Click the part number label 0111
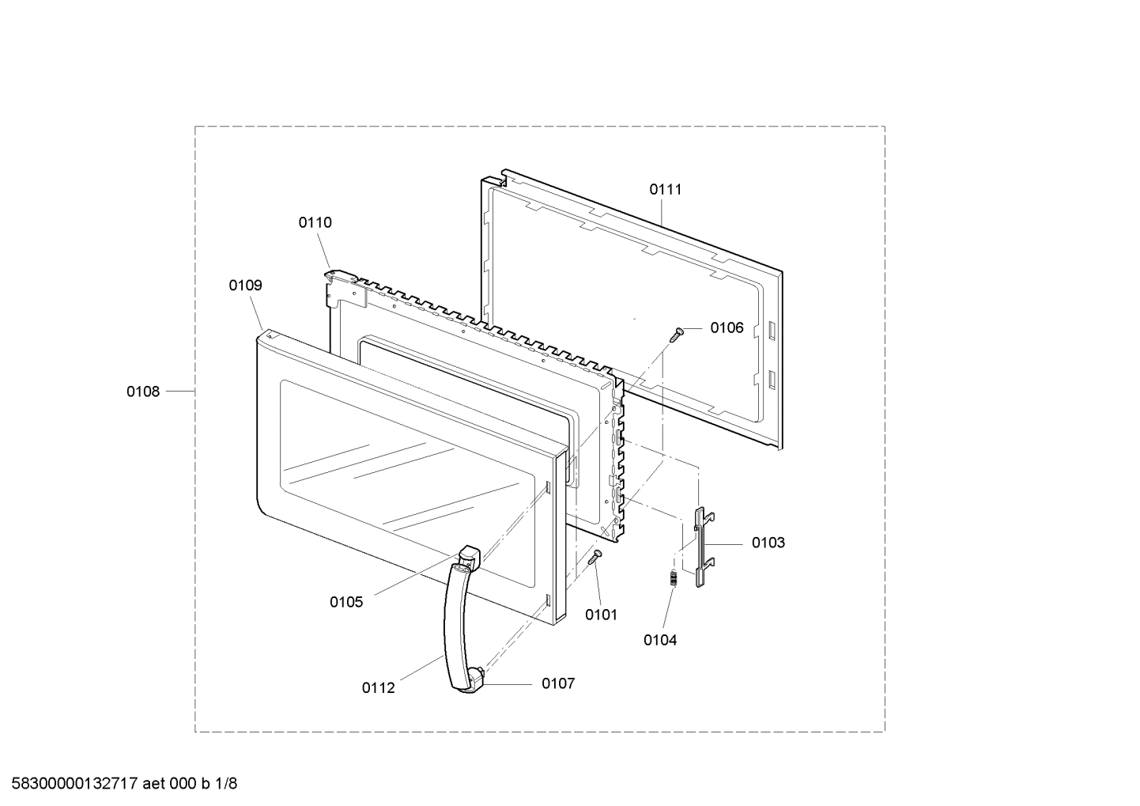click(665, 189)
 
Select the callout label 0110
click(315, 222)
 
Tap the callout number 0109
click(245, 285)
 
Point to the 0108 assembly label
click(143, 392)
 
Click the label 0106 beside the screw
click(727, 328)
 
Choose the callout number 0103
click(768, 543)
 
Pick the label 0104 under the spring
click(660, 640)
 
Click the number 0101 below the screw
click(601, 615)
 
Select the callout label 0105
click(346, 603)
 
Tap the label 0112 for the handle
click(378, 688)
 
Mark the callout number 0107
click(558, 683)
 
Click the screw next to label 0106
click(677, 335)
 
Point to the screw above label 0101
click(595, 557)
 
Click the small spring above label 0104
click(674, 579)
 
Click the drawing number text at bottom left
click(124, 784)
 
